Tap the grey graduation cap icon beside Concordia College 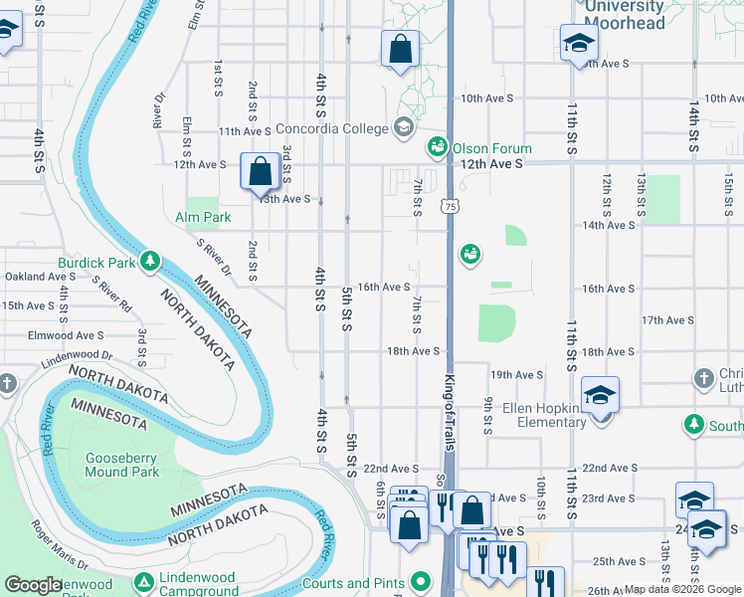(x=404, y=126)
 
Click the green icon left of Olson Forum (x=437, y=148)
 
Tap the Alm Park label (x=203, y=217)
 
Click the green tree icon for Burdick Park (x=150, y=262)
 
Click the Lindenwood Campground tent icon (x=145, y=581)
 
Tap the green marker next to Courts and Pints (x=422, y=581)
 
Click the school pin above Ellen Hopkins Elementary (x=601, y=396)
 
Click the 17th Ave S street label (x=667, y=320)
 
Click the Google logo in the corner (x=33, y=585)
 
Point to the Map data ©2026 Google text (x=682, y=590)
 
